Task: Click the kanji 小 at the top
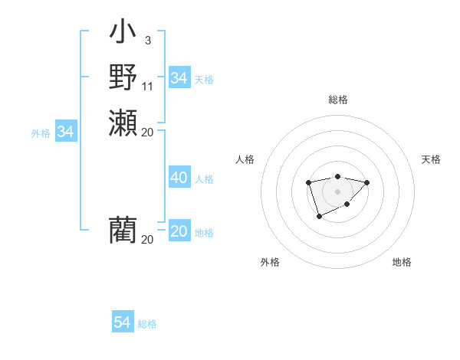point(123,34)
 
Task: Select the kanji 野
point(123,77)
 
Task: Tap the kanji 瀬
point(123,123)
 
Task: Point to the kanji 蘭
point(123,230)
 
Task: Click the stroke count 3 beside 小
point(147,41)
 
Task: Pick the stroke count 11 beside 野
point(147,86)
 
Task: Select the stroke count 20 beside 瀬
point(147,132)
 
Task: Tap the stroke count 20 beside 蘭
point(147,239)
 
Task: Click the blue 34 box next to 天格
point(179,78)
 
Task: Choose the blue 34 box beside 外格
point(65,132)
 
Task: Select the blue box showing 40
point(179,178)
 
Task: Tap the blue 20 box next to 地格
point(179,231)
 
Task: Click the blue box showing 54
point(122,322)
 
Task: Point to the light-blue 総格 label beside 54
point(147,324)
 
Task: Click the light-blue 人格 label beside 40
point(204,179)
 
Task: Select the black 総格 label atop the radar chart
point(337,100)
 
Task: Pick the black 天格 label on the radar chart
point(431,159)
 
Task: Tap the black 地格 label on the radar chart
point(402,262)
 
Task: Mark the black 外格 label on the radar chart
point(270,262)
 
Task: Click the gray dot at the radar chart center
point(337,191)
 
